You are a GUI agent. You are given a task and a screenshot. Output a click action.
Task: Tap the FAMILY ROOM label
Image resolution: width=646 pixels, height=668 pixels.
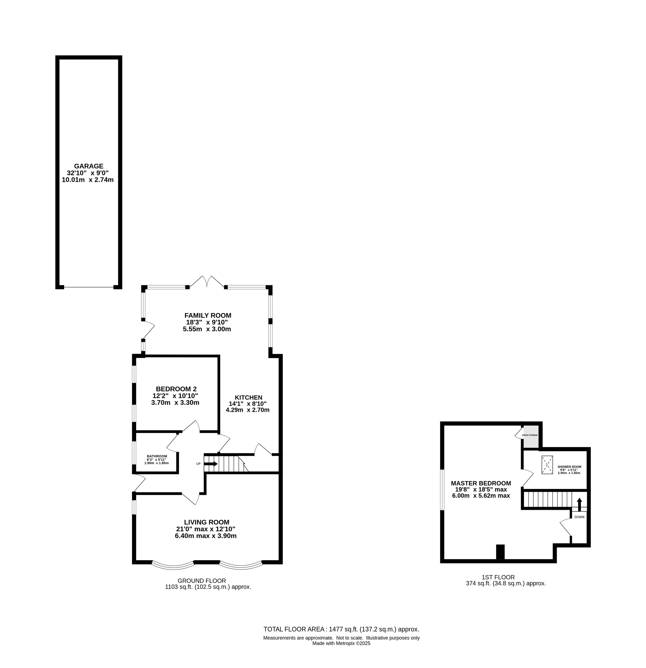(x=208, y=315)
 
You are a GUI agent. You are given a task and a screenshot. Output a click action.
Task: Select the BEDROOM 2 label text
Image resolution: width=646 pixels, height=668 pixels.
(x=176, y=389)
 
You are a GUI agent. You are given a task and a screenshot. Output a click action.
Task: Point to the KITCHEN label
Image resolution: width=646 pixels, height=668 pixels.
(x=248, y=397)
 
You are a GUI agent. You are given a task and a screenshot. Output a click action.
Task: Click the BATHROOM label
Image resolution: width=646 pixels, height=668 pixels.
(x=157, y=456)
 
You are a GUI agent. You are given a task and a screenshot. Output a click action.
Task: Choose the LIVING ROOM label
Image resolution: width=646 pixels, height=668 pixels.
(x=207, y=522)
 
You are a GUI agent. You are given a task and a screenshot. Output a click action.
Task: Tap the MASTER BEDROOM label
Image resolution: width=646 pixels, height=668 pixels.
(x=481, y=483)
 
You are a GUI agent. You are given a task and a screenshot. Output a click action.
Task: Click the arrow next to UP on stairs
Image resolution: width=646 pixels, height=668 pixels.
(x=211, y=464)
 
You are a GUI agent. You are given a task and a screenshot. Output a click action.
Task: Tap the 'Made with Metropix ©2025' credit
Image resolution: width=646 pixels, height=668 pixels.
(x=341, y=644)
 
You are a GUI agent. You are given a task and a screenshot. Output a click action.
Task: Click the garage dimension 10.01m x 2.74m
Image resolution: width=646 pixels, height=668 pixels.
(x=88, y=180)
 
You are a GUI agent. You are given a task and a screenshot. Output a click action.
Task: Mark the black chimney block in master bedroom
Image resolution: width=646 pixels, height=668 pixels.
(x=500, y=551)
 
